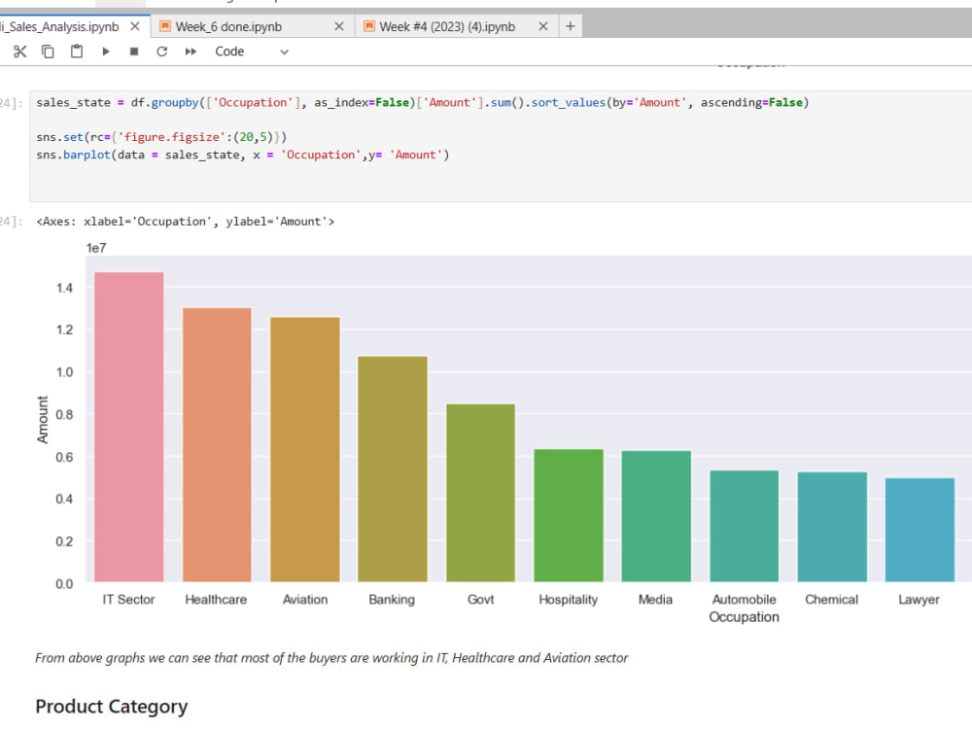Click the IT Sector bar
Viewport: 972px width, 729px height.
[x=129, y=427]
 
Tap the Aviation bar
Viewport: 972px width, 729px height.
[x=305, y=449]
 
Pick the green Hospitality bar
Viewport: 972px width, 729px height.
[x=569, y=515]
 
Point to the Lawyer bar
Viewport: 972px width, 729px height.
[x=920, y=530]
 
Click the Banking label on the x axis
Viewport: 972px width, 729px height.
[x=392, y=600]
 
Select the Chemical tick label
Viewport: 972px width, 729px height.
[x=832, y=600]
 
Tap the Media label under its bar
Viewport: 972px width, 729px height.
[x=655, y=600]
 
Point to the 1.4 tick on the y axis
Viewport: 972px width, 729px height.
[x=65, y=288]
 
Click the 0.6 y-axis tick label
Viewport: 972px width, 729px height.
[x=65, y=457]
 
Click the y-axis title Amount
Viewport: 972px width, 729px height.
[x=43, y=420]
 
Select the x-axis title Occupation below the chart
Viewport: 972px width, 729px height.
[x=744, y=617]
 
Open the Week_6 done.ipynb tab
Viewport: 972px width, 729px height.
[x=228, y=27]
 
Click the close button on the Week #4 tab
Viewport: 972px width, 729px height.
[x=543, y=27]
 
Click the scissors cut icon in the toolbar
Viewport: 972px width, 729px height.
[x=19, y=52]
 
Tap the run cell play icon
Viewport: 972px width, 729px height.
[x=105, y=52]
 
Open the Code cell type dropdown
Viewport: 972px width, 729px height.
[x=252, y=52]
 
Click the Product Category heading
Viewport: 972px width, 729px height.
[x=111, y=707]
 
